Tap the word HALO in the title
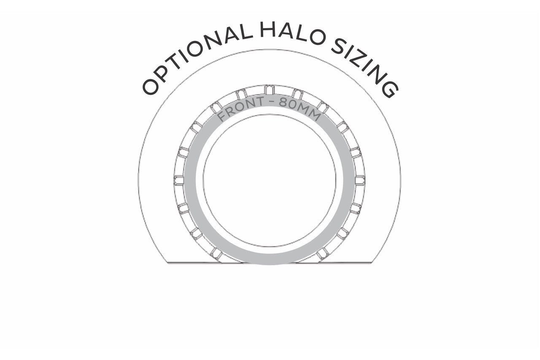click(292, 32)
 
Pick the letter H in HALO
click(268, 30)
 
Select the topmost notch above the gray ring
click(269, 90)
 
